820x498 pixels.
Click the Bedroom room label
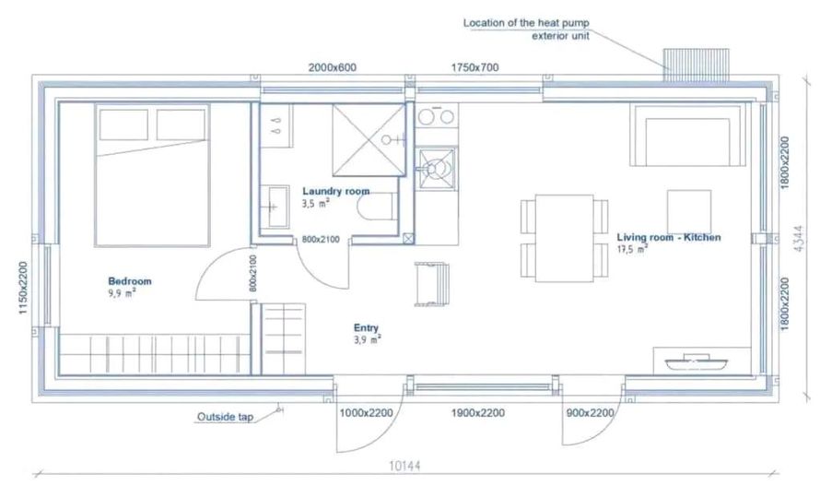click(x=130, y=281)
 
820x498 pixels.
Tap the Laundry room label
click(x=335, y=191)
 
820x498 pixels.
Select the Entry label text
click(x=366, y=327)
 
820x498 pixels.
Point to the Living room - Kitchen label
click(x=669, y=237)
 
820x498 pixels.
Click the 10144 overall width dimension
click(x=404, y=466)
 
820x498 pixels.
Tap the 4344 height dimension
click(x=799, y=239)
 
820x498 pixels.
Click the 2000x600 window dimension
click(x=332, y=67)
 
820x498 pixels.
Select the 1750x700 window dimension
click(x=474, y=67)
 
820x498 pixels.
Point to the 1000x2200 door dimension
click(x=366, y=412)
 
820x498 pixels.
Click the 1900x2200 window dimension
click(x=478, y=412)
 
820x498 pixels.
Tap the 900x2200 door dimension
click(x=590, y=412)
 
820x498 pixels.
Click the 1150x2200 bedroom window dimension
click(x=22, y=288)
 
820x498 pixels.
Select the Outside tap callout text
click(x=225, y=417)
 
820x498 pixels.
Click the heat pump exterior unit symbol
click(x=696, y=65)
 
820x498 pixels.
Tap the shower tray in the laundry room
click(x=369, y=140)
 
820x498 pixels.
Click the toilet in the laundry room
click(x=377, y=207)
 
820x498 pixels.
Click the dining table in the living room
click(x=564, y=238)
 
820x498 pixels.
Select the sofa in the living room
click(x=687, y=135)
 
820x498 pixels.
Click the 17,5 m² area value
click(x=632, y=249)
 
